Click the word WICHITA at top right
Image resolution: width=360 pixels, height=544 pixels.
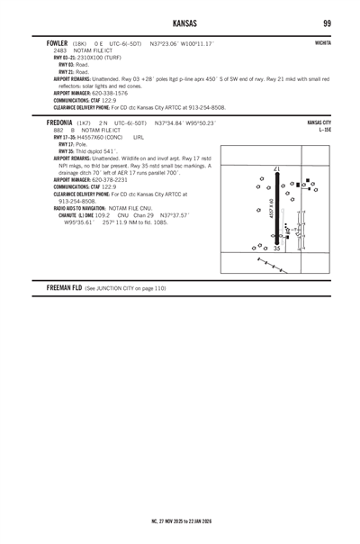pyautogui.click(x=322, y=43)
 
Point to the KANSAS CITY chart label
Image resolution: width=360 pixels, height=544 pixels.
pyautogui.click(x=319, y=122)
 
